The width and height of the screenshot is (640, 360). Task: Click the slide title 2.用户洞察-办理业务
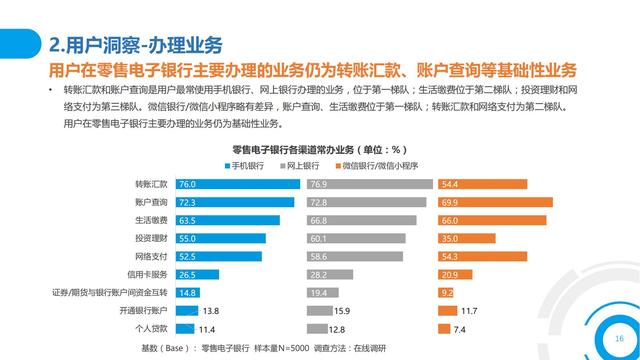tap(135, 46)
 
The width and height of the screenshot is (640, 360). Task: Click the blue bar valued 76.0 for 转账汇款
tap(236, 185)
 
